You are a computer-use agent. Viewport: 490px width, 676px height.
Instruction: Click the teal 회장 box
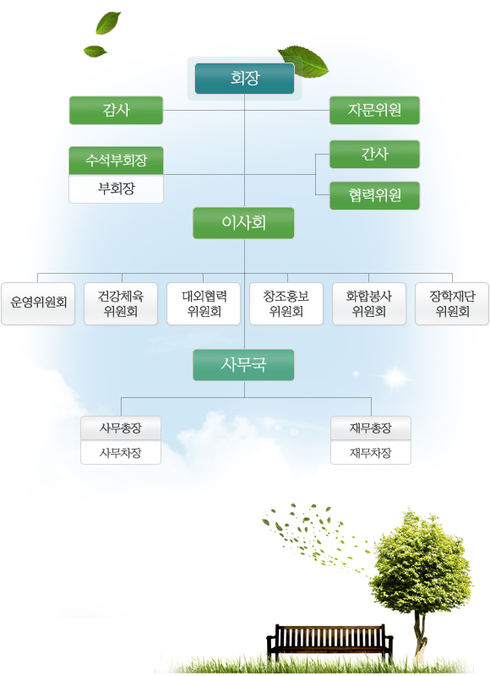244,79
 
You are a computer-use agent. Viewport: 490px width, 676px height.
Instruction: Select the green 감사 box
116,111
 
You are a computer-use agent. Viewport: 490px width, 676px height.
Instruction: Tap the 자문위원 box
374,111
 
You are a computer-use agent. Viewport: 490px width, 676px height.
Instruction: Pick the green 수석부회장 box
116,161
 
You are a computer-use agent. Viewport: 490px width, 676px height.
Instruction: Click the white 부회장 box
116,188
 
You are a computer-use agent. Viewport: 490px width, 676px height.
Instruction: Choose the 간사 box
374,154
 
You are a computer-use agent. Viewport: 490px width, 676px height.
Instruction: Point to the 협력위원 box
374,196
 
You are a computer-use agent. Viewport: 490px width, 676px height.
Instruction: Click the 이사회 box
243,223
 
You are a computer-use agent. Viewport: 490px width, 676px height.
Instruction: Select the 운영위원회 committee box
38,303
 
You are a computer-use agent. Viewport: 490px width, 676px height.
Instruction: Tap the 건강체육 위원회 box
121,303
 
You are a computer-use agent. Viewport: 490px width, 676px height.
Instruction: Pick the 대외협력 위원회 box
204,303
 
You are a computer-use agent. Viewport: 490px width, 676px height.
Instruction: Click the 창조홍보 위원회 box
286,303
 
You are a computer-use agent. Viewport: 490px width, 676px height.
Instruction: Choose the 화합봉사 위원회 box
369,303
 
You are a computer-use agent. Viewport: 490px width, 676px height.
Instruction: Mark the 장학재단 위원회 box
452,303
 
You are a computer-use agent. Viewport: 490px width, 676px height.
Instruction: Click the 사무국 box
243,365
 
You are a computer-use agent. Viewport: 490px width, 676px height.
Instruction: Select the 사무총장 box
121,428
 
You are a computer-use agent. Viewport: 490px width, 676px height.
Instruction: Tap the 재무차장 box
371,453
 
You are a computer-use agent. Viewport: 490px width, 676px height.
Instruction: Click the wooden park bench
329,642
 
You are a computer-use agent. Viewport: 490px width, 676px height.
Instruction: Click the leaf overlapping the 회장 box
303,61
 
